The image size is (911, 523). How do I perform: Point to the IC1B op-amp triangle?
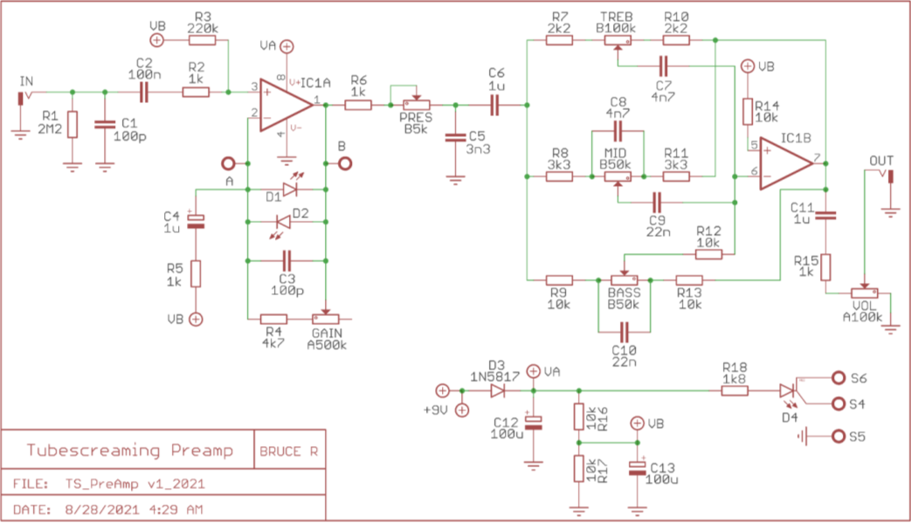[x=787, y=164]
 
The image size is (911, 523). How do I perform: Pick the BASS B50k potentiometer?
[x=624, y=279]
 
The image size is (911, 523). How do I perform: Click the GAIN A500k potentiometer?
[x=325, y=318]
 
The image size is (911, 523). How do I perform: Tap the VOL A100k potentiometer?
[x=865, y=294]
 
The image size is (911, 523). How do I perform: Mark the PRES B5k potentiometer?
[x=417, y=105]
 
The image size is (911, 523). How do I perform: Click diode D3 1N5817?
[x=498, y=390]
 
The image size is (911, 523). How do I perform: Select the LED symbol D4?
[x=790, y=390]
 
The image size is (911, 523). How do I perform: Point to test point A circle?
[x=229, y=163]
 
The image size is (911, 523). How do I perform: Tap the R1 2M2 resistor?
[x=72, y=125]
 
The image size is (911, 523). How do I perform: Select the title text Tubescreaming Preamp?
[x=130, y=451]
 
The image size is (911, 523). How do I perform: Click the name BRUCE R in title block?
[x=289, y=451]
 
